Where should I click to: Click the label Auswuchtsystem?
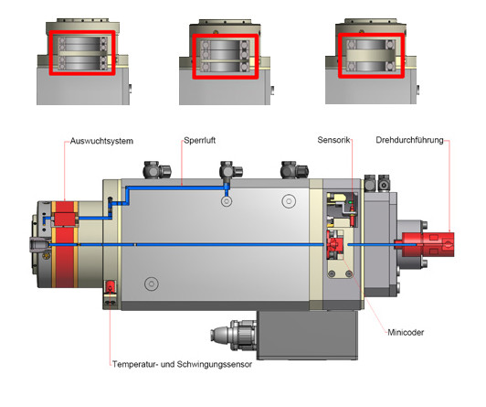point(101,141)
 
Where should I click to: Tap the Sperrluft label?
point(199,140)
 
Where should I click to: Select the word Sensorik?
point(333,140)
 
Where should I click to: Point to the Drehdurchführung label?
point(409,140)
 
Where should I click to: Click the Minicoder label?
point(406,332)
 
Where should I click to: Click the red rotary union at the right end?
point(428,244)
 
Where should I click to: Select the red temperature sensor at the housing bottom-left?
point(110,287)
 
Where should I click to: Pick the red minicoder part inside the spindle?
point(335,244)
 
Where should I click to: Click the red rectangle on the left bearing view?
point(82,32)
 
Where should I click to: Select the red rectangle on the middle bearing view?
point(225,35)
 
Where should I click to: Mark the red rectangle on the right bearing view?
point(371,35)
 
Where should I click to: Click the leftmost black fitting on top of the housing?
point(156,170)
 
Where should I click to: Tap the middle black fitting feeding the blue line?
point(230,171)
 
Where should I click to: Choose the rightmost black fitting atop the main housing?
point(294,169)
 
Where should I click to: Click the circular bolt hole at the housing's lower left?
point(152,284)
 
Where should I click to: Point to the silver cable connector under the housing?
point(234,335)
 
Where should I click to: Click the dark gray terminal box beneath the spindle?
point(308,336)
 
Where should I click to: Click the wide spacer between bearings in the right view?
point(371,56)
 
